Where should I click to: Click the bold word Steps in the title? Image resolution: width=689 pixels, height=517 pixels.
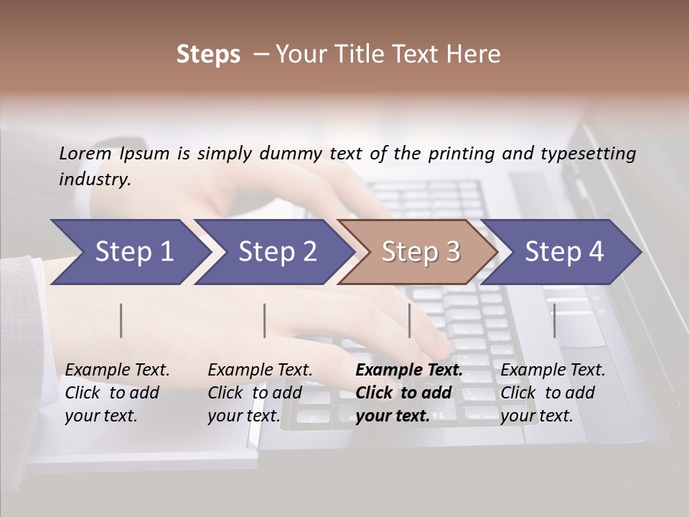tap(208, 55)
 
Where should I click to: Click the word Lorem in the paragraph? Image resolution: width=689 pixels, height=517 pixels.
tap(85, 153)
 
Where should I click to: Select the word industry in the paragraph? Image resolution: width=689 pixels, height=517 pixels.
tap(95, 180)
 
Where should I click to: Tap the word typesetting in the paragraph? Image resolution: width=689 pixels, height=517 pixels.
tap(588, 153)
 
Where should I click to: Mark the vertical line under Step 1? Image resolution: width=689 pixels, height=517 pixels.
tap(121, 320)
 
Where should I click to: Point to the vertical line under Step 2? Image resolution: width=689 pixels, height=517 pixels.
tap(265, 320)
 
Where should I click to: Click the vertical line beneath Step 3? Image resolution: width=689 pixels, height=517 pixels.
tap(410, 320)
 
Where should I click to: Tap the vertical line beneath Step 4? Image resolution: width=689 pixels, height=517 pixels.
tap(555, 320)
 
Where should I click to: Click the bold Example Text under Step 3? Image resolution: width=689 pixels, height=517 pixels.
tap(409, 371)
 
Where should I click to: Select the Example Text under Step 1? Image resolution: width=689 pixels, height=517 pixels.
tap(117, 371)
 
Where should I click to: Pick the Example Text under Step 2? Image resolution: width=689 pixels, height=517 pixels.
tap(260, 371)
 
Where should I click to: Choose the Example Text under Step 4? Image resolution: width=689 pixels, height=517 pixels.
tap(553, 371)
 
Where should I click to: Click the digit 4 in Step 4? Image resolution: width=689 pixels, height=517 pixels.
tap(596, 252)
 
